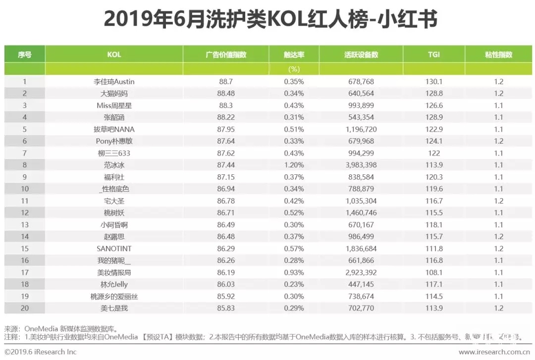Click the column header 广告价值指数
click(225, 55)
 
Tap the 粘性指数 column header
click(498, 55)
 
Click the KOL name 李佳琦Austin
click(114, 82)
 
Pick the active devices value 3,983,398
click(360, 165)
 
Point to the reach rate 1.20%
click(294, 165)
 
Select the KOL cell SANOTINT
click(114, 249)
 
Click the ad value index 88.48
click(225, 94)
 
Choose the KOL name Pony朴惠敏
click(114, 141)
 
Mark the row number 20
click(25, 308)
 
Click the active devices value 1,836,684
click(360, 249)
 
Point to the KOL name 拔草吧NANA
click(114, 129)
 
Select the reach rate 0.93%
click(294, 272)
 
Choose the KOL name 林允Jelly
click(114, 284)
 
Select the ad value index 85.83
click(225, 308)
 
